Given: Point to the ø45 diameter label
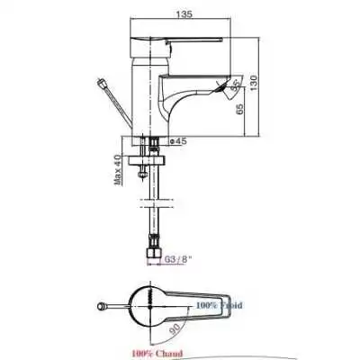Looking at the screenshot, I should (178, 141).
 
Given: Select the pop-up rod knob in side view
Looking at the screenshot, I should (103, 83).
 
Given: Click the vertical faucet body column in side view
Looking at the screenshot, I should (146, 99).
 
